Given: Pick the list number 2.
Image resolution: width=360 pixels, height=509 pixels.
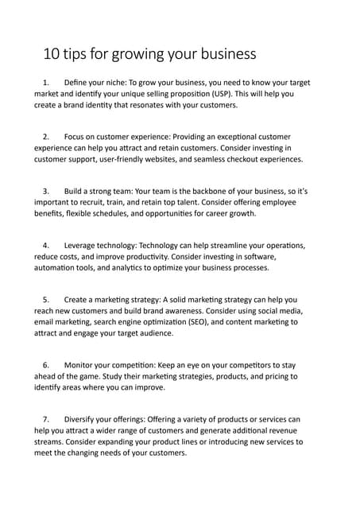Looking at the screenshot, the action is [46, 137].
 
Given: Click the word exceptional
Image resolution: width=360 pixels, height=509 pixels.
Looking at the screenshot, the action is [236, 137].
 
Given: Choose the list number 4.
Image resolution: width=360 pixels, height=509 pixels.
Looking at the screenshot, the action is [46, 246].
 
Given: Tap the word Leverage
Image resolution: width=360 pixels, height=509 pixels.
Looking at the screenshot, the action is [85, 246].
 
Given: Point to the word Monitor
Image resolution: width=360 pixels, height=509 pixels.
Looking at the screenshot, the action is [82, 365].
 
